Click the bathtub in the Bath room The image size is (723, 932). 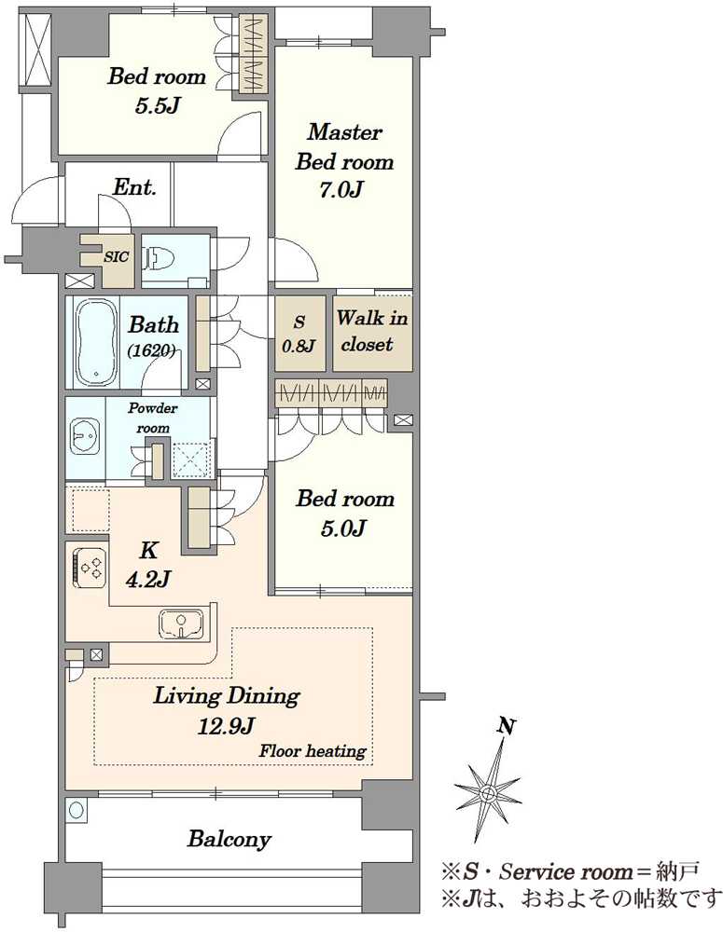(x=96, y=343)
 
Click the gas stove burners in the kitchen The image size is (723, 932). (x=90, y=567)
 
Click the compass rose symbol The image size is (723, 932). (x=488, y=791)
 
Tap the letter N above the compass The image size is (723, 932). (x=507, y=726)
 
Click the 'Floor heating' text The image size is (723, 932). (x=313, y=751)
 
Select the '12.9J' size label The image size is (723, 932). (x=227, y=725)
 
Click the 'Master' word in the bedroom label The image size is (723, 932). (x=344, y=132)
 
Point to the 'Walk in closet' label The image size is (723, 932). (x=371, y=331)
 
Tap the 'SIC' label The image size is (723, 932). (x=116, y=257)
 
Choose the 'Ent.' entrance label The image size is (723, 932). (x=134, y=188)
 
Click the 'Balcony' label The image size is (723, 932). (x=229, y=840)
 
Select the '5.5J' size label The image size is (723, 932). (x=157, y=106)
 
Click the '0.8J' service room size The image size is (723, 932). (x=299, y=346)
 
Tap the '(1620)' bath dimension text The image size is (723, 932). (x=151, y=351)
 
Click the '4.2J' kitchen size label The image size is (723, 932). (x=148, y=579)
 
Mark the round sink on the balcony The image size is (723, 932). (x=76, y=810)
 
